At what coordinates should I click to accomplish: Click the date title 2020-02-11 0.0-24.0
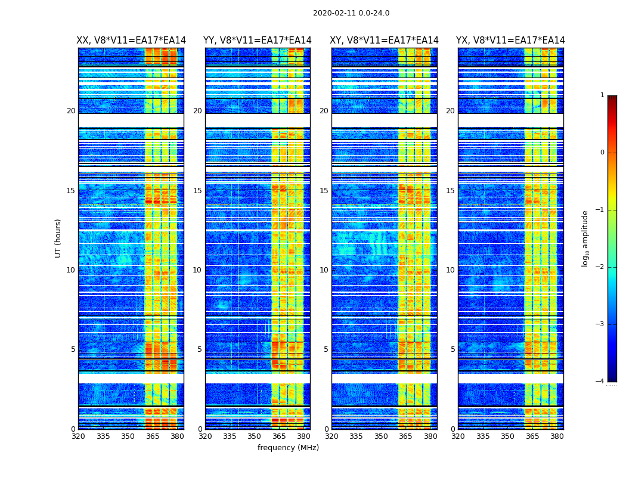click(x=351, y=13)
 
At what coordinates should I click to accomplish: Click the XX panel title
click(x=131, y=41)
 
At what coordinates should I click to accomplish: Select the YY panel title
click(x=258, y=41)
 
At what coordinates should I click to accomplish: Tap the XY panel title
click(x=385, y=41)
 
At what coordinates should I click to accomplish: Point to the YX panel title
click(x=510, y=41)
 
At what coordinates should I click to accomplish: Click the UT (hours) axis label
click(x=58, y=238)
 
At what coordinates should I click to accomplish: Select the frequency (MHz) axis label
click(x=288, y=448)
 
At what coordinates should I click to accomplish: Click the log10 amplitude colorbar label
click(x=585, y=238)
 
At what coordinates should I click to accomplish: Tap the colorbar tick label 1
click(x=602, y=95)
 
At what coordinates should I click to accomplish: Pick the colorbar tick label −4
click(x=601, y=382)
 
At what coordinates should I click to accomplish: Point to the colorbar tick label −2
click(x=601, y=267)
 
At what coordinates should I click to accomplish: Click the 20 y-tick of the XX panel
click(x=71, y=111)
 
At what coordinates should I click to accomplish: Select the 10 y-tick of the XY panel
click(x=324, y=270)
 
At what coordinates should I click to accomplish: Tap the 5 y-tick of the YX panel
click(x=453, y=349)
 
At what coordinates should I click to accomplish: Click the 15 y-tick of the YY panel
click(x=197, y=191)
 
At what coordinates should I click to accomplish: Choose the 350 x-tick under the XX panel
click(x=128, y=436)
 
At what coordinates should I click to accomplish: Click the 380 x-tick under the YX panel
click(x=557, y=436)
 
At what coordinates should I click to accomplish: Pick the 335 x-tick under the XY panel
click(x=356, y=436)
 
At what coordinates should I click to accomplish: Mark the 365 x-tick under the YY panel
click(x=279, y=436)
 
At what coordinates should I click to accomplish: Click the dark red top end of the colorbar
click(x=612, y=98)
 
